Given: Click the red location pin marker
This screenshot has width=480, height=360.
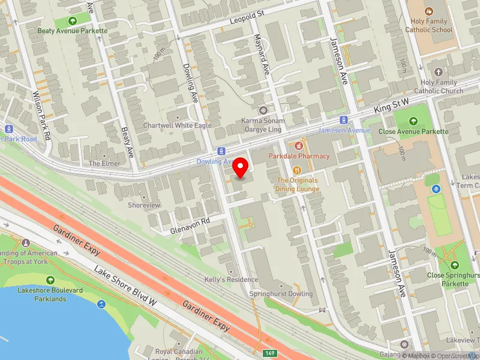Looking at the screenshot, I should [x=241, y=167].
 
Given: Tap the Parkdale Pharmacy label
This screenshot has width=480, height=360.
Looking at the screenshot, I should [x=299, y=156].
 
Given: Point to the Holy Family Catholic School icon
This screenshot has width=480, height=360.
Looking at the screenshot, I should [x=428, y=11].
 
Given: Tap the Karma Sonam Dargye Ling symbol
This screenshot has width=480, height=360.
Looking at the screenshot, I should [x=262, y=110].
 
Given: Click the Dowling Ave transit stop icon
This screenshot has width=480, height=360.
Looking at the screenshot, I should [x=221, y=151].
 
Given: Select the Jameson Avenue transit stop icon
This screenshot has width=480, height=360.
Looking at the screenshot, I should [x=343, y=119].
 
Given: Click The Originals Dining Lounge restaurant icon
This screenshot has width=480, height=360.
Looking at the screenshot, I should [x=297, y=170].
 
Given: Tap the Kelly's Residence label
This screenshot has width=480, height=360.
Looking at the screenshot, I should [x=231, y=280].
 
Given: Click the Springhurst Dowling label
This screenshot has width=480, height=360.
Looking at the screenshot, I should [x=281, y=294].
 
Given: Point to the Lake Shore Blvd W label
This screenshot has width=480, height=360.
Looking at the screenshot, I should [x=125, y=286].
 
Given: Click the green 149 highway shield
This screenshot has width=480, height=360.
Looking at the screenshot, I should [x=272, y=353].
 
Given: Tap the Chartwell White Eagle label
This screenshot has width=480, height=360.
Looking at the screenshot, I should [x=177, y=125].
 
